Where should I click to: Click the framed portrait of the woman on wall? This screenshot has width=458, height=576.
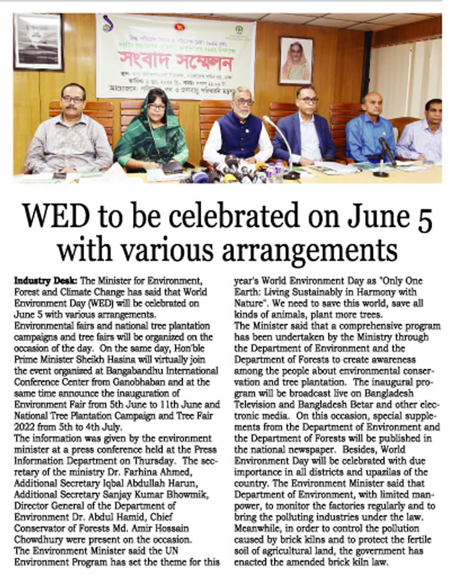295,60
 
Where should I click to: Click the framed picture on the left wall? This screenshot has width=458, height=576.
38,42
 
